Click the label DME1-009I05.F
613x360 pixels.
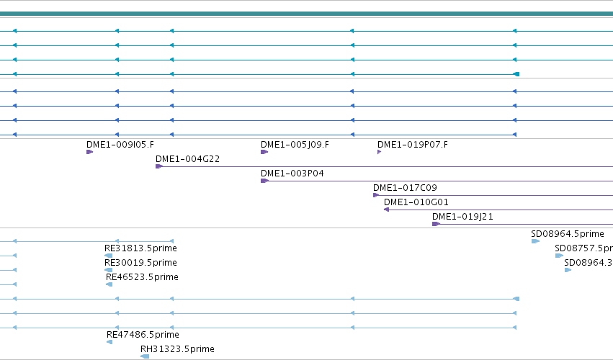coord(120,145)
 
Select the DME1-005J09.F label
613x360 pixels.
coord(295,145)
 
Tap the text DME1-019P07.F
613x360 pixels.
coord(413,145)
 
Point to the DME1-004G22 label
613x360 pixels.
coord(188,159)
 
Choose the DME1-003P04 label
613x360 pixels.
coord(292,174)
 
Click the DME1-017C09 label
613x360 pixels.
coord(405,188)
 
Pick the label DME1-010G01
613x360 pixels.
coord(416,202)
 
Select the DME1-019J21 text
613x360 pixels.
coord(462,217)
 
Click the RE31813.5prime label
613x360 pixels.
coord(140,248)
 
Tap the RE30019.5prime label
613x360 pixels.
coord(140,263)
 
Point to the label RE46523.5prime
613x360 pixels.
coord(142,277)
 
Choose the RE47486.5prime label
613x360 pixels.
coord(143,335)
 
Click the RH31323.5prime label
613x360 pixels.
coord(177,349)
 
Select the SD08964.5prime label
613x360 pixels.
coord(568,234)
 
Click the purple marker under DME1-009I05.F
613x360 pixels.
coord(89,152)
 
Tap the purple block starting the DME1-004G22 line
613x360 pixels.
coord(158,166)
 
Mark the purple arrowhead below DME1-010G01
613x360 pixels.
coord(386,210)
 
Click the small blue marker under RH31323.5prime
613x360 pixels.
coord(145,356)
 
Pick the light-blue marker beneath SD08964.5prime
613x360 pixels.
coord(535,241)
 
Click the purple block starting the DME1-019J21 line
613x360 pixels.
coord(436,224)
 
